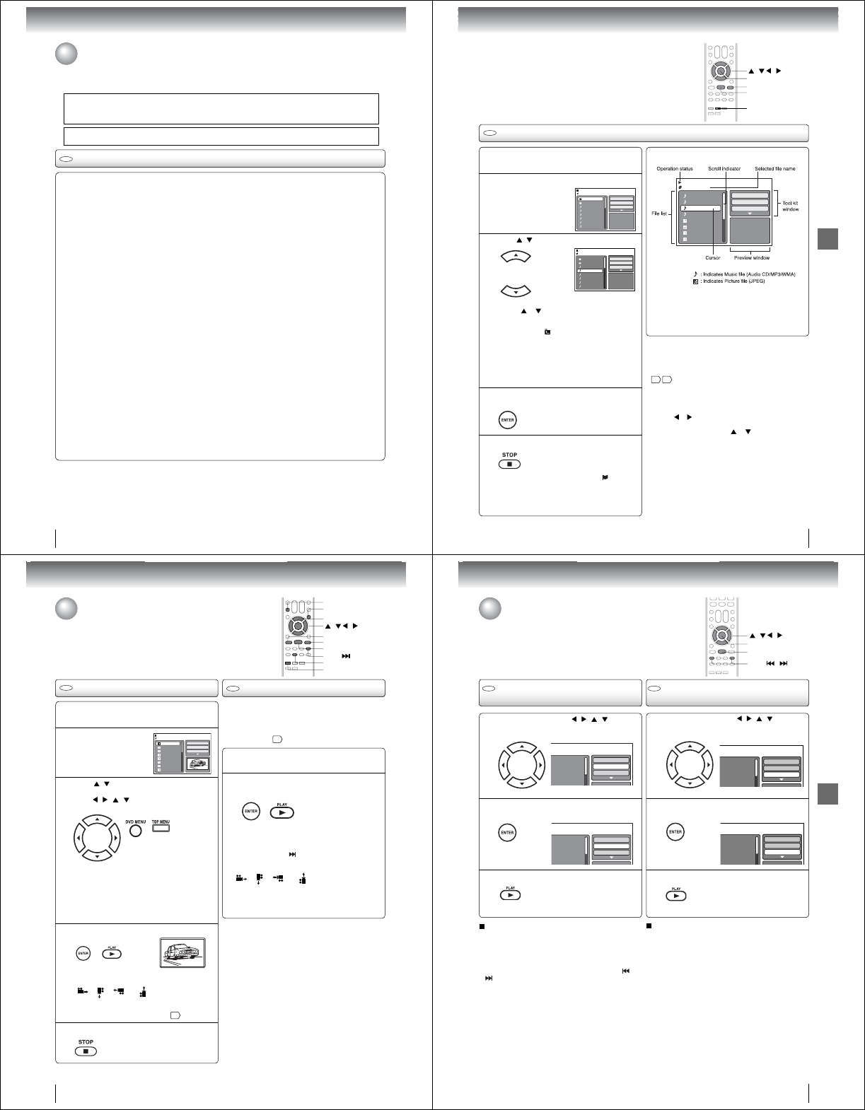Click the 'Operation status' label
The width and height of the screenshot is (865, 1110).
675,169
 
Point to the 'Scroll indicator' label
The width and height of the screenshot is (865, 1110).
724,169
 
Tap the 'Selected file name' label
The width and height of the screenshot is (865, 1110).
774,169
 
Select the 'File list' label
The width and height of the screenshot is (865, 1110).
659,213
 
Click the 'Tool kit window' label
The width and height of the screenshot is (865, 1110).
790,206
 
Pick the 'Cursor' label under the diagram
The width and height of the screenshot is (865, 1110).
712,257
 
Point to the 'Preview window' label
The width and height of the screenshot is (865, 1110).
752,257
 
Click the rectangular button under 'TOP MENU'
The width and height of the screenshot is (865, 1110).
161,829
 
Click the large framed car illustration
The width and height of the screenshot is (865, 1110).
182,956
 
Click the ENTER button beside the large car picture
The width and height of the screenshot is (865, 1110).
83,954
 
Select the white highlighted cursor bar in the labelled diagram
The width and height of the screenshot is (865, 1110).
700,209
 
